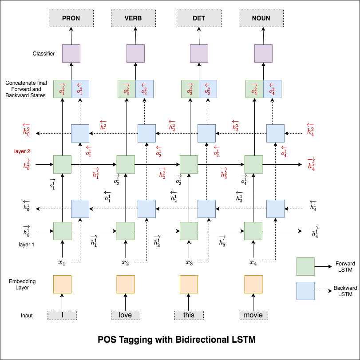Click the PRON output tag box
(x=71, y=18)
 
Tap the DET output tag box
(x=198, y=18)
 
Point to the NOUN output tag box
(x=261, y=18)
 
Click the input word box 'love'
(x=125, y=315)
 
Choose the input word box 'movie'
(x=253, y=315)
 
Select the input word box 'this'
(x=189, y=315)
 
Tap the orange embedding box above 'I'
(x=62, y=285)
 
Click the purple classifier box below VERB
(x=135, y=53)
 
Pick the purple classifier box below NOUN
(x=263, y=53)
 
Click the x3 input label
(x=189, y=263)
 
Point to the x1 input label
(x=62, y=263)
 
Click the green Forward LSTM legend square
(x=305, y=266)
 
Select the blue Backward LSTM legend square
(x=305, y=291)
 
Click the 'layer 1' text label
(x=27, y=245)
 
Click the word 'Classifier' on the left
(x=44, y=54)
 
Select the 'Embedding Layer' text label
(x=22, y=285)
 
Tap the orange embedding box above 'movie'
(x=253, y=285)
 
